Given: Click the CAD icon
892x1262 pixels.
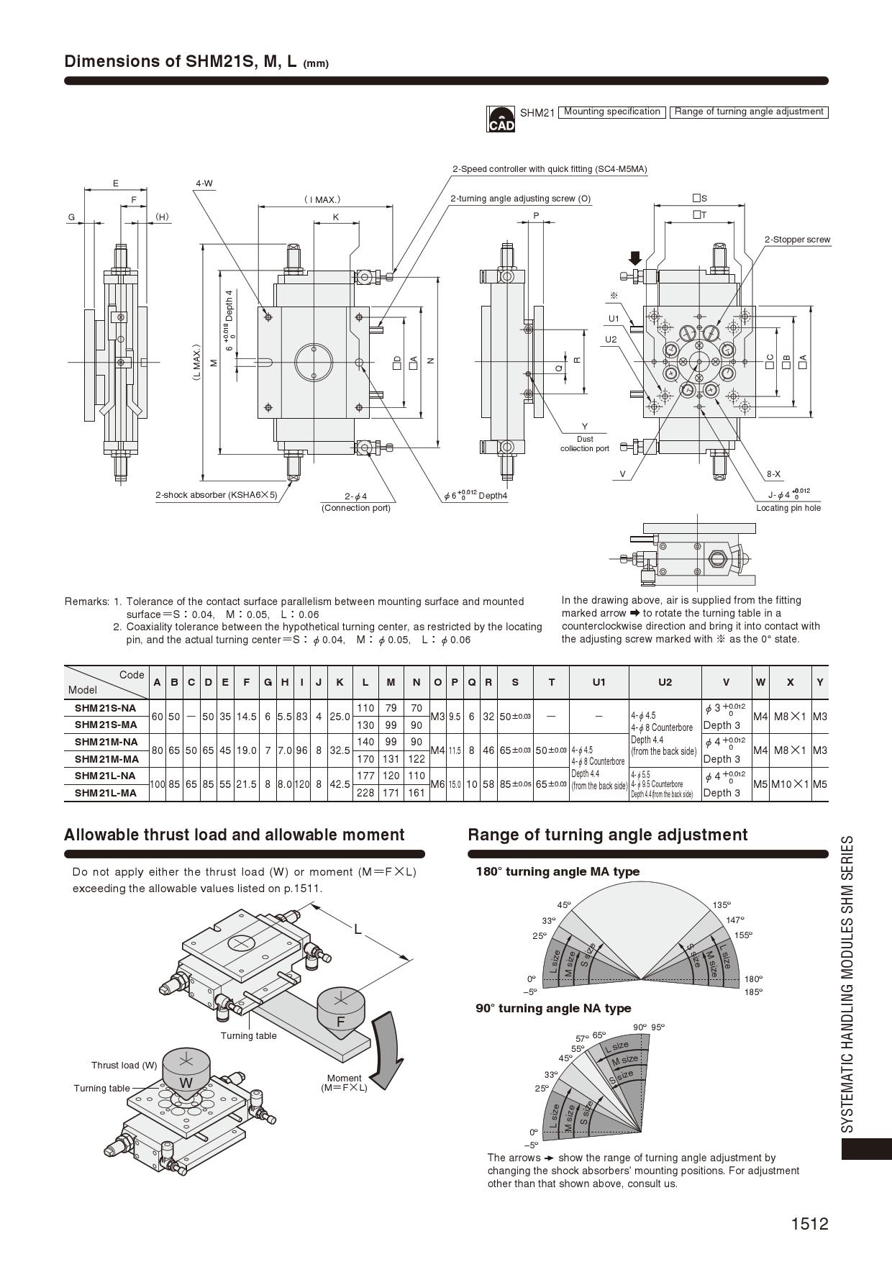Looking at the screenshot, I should click(501, 119).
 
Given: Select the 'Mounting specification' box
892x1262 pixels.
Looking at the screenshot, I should click(611, 112).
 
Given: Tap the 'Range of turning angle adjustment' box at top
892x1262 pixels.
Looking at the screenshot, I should click(748, 112).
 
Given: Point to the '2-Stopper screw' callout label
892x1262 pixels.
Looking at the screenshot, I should click(797, 240).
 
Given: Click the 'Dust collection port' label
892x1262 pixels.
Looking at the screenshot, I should click(584, 443).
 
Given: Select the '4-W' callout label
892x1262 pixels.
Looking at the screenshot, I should click(204, 183).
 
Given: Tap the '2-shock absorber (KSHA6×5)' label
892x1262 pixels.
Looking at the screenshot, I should click(217, 495).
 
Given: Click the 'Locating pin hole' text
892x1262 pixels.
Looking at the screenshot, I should click(788, 508).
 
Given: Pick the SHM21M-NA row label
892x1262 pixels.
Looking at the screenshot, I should click(106, 742).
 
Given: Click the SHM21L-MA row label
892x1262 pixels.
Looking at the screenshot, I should click(106, 793).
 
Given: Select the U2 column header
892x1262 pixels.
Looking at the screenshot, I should click(665, 682).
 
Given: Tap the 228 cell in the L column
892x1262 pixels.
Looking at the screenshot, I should click(365, 793).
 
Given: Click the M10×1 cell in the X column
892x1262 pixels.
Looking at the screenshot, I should click(790, 784).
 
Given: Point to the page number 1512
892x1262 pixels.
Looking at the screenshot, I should click(809, 1224).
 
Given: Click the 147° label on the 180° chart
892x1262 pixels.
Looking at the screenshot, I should click(734, 920).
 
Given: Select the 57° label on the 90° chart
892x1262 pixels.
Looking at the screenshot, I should click(582, 1039).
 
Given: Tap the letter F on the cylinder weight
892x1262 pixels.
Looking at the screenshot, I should click(341, 1022).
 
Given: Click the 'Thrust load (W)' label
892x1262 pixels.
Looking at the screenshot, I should click(124, 1065).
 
